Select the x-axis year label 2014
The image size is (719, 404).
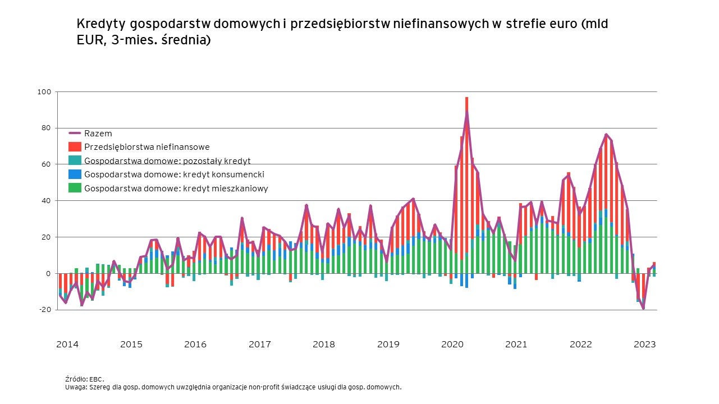click(67, 345)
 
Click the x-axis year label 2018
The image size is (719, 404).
click(323, 345)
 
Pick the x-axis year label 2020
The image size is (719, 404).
click(452, 345)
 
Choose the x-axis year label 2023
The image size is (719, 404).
click(644, 345)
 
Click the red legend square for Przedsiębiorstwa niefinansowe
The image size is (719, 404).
click(75, 147)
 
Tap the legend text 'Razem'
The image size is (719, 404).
click(98, 134)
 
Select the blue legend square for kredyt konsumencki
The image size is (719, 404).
click(75, 175)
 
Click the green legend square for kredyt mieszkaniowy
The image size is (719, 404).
click(75, 188)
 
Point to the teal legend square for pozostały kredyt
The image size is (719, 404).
click(75, 160)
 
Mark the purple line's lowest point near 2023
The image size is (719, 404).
click(643, 308)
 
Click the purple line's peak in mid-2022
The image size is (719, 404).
click(606, 135)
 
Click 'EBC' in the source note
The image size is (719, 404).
click(97, 379)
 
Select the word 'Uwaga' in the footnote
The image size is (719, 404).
click(75, 387)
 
